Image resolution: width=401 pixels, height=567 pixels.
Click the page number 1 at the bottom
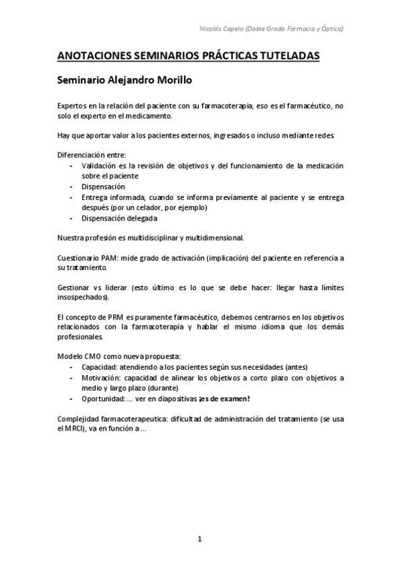click(199, 538)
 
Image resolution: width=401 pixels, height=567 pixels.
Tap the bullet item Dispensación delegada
click(119, 218)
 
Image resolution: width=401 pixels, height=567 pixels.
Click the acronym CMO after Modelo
click(94, 357)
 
